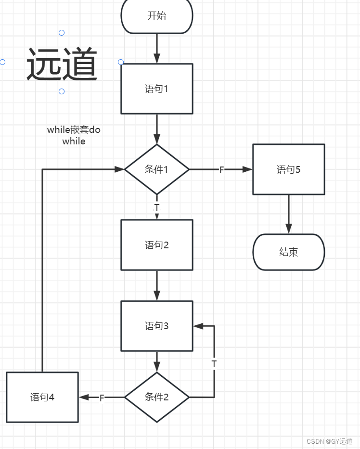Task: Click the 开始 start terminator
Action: coord(157,15)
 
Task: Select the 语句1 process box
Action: coord(157,89)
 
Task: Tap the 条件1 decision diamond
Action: coord(157,169)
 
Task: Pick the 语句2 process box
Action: coord(157,245)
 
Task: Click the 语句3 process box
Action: coord(157,326)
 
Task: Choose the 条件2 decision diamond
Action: coord(157,397)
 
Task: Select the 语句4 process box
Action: coord(42,397)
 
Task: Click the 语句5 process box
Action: coord(289,169)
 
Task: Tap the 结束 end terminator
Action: coord(289,252)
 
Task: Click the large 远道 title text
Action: coord(62,64)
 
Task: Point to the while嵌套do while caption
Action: coord(74,135)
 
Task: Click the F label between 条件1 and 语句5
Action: coord(222,170)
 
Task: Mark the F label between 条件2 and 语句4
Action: coord(102,398)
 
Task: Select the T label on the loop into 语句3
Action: coord(214,364)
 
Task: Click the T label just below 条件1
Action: coord(157,207)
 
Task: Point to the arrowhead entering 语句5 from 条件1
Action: coord(248,169)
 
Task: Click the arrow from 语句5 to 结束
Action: coord(289,214)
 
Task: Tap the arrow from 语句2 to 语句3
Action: coord(157,285)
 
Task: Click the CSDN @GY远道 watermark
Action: coord(330,441)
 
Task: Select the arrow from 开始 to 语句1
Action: coord(157,49)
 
